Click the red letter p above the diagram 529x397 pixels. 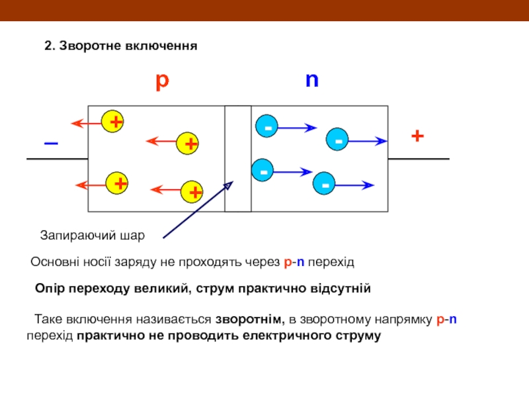point(162,81)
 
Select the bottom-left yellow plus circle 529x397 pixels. point(118,183)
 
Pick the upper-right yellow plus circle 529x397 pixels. point(189,143)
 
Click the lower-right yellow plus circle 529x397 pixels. point(193,192)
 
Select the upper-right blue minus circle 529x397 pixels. point(337,141)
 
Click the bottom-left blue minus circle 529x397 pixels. point(264,171)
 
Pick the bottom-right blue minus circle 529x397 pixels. point(325,184)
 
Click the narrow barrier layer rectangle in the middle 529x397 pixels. point(238,159)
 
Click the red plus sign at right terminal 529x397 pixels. point(417,136)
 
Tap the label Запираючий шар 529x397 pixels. point(92,235)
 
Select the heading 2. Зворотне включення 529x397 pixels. point(121,46)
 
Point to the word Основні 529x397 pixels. point(53,262)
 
